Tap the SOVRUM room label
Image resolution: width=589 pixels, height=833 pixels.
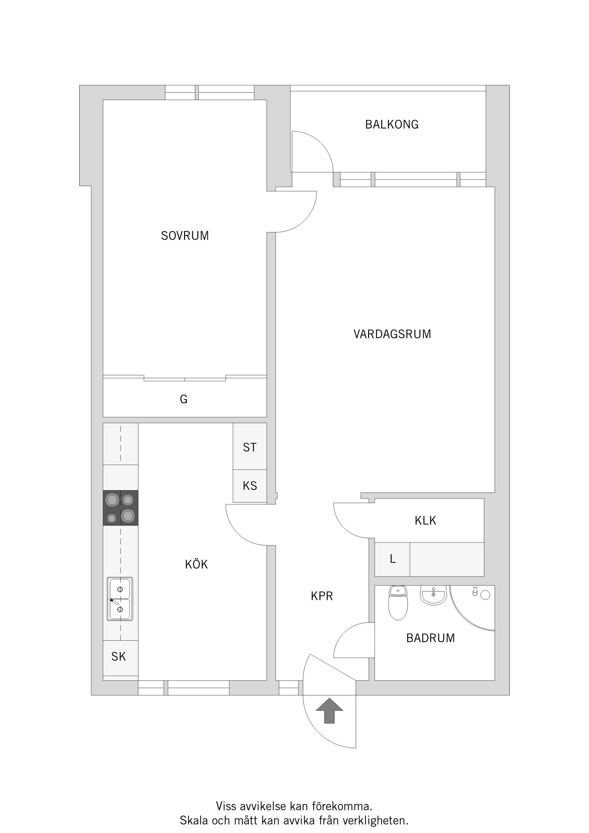185,236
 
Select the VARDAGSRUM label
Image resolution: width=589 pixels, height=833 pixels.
392,334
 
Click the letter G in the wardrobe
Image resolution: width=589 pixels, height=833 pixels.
184,399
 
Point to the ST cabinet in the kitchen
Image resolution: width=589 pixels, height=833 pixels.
250,447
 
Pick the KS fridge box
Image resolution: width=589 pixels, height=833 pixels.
250,486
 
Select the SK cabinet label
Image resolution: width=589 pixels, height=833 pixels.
119,656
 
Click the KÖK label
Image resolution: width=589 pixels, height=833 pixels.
196,565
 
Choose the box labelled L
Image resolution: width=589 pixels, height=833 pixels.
392,559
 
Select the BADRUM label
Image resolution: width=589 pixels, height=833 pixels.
430,638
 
